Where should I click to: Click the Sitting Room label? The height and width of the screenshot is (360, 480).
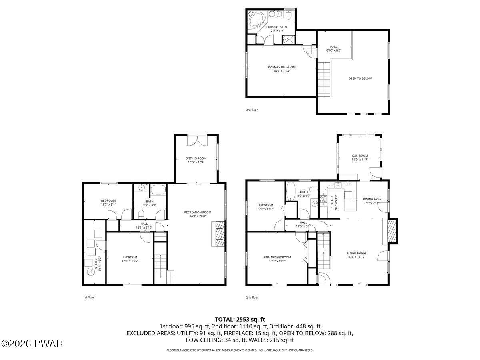pyautogui.click(x=196, y=158)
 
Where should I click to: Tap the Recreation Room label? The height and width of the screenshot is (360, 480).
pyautogui.click(x=198, y=212)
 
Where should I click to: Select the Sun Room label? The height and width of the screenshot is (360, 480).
pyautogui.click(x=360, y=156)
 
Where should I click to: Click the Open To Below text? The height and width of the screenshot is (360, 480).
pyautogui.click(x=360, y=78)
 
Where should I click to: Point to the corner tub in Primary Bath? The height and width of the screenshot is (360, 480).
pyautogui.click(x=256, y=18)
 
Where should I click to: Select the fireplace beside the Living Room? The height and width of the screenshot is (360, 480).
pyautogui.click(x=392, y=231)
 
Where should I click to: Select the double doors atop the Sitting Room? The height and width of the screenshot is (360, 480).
pyautogui.click(x=197, y=140)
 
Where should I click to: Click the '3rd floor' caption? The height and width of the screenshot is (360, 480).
pyautogui.click(x=252, y=110)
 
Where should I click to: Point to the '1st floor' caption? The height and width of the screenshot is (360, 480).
pyautogui.click(x=88, y=297)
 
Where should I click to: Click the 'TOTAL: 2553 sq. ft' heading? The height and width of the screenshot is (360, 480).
pyautogui.click(x=240, y=319)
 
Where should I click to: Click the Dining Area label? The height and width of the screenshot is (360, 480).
pyautogui.click(x=372, y=199)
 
